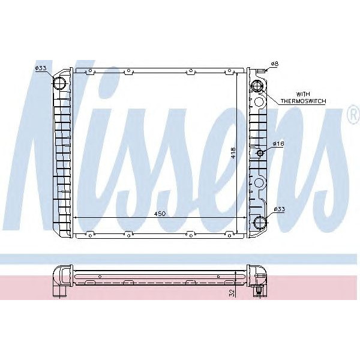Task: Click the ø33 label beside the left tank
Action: point(41,68)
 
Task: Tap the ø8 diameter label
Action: point(274,63)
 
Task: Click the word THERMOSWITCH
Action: point(303,102)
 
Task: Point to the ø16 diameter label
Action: point(278,144)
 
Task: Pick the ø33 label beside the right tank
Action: point(279,209)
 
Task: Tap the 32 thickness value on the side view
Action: point(232,292)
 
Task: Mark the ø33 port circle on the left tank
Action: point(61,82)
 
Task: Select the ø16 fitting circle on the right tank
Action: point(261,153)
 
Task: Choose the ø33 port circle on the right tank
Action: point(260,223)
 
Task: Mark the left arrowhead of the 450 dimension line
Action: point(74,217)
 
